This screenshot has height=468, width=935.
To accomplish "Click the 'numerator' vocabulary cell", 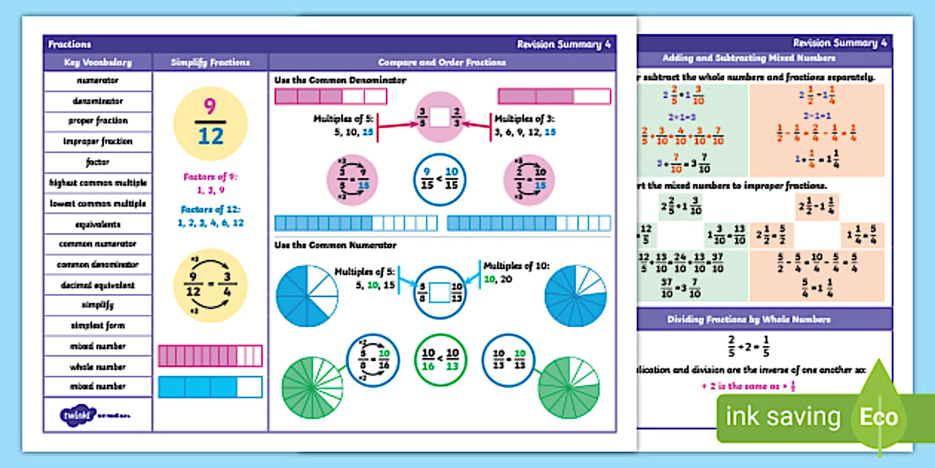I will [97, 80].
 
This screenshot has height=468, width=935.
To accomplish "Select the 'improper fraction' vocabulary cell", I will [97, 141].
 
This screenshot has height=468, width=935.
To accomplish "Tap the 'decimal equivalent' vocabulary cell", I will [97, 285].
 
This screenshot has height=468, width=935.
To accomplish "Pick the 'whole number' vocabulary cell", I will [97, 366].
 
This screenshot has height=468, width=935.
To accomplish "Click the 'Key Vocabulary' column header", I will [97, 63].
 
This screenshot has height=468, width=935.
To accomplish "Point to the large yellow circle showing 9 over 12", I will [210, 123].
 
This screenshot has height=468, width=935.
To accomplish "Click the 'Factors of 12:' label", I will [210, 209].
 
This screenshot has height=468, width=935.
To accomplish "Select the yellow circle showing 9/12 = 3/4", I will [210, 285].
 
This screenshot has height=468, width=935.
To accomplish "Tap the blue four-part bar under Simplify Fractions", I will [210, 387].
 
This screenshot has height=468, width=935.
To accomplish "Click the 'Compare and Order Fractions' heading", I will [442, 63].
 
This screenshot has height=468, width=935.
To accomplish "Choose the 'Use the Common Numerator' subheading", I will [335, 245].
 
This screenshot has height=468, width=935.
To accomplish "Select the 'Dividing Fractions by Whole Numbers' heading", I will [765, 319].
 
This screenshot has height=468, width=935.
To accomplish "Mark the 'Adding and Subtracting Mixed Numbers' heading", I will [765, 58].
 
